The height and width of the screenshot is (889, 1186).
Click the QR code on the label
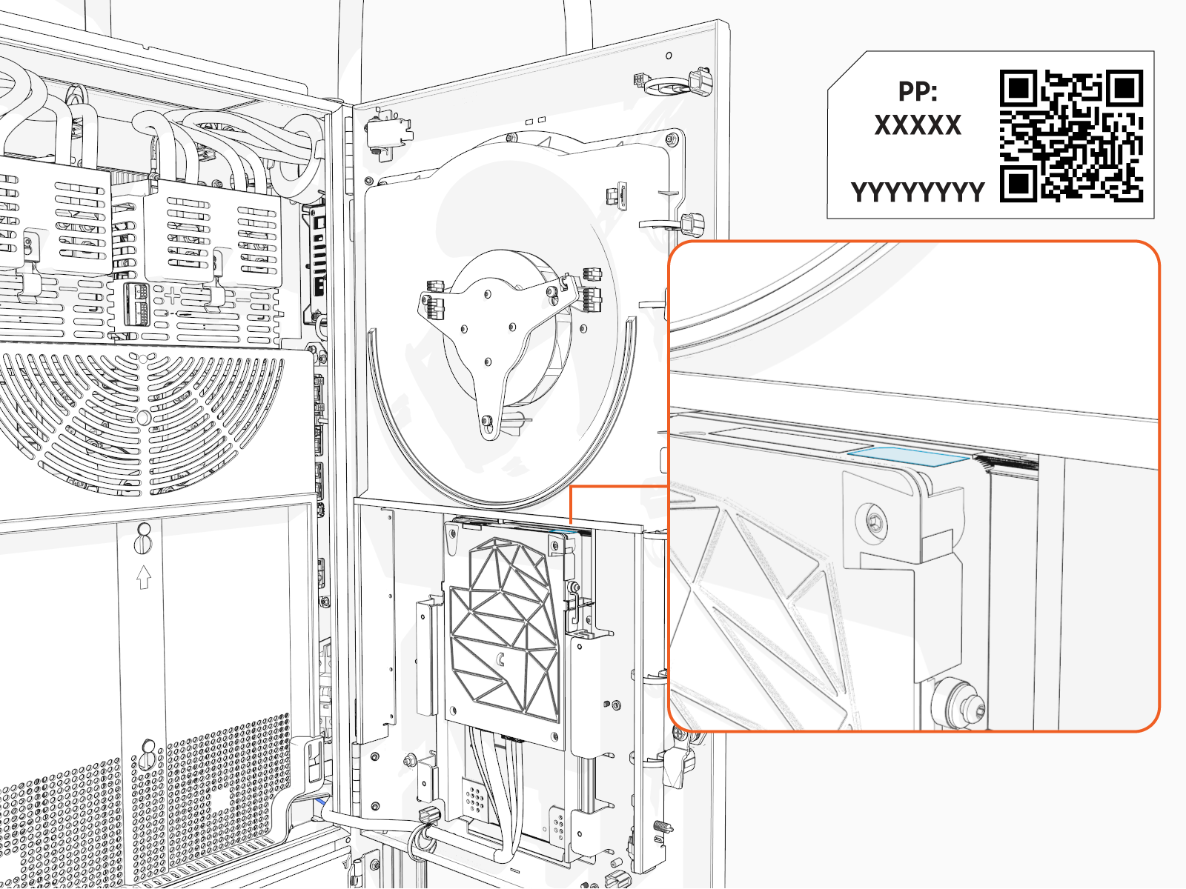click(x=1071, y=136)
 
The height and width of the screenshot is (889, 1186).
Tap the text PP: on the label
click(x=918, y=91)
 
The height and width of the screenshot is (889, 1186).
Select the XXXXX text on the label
click(x=918, y=125)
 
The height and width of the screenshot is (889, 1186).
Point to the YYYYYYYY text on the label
click(x=918, y=192)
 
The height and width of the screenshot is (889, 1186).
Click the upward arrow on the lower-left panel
click(x=144, y=576)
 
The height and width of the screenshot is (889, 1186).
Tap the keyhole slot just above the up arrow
click(x=144, y=539)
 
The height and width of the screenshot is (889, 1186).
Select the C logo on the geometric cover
click(x=501, y=659)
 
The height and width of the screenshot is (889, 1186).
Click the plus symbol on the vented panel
click(x=172, y=296)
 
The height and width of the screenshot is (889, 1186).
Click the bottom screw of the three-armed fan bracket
click(x=486, y=422)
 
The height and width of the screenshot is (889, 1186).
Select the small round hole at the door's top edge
click(x=669, y=56)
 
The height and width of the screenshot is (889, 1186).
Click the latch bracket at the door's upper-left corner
click(x=386, y=133)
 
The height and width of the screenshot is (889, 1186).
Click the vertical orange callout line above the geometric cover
click(x=571, y=505)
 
